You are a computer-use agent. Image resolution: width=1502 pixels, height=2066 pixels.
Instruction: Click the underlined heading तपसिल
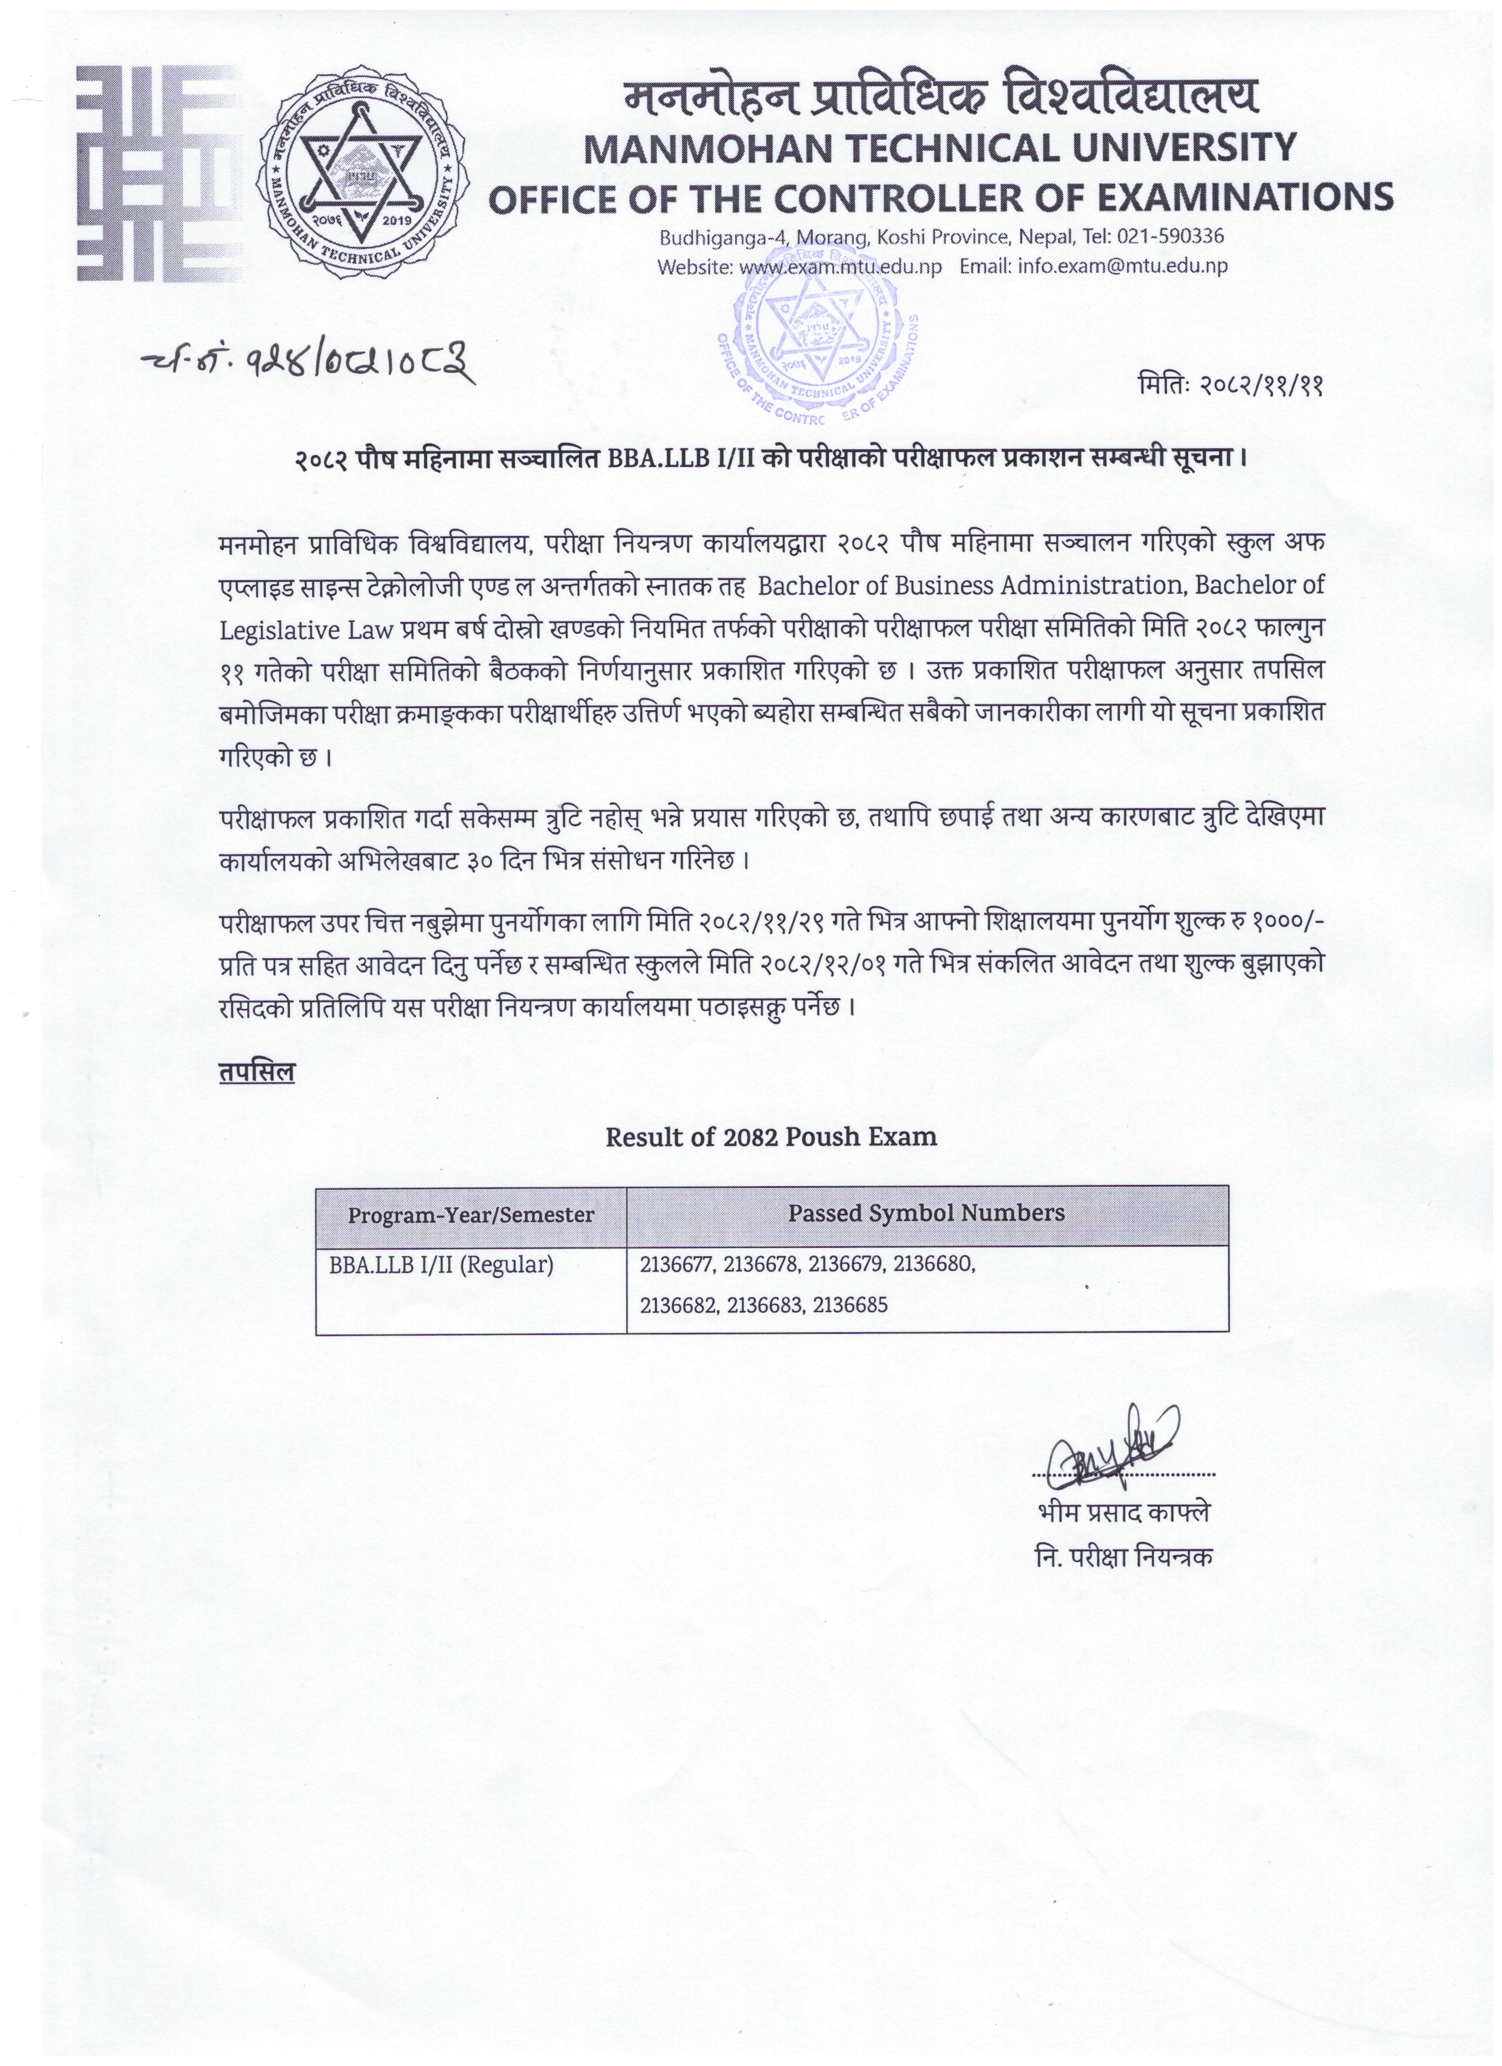[x=257, y=1073]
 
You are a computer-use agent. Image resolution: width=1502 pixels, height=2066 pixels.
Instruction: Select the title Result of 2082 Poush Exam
[x=770, y=1136]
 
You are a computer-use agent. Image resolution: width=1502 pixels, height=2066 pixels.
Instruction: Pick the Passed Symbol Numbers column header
[x=927, y=1213]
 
